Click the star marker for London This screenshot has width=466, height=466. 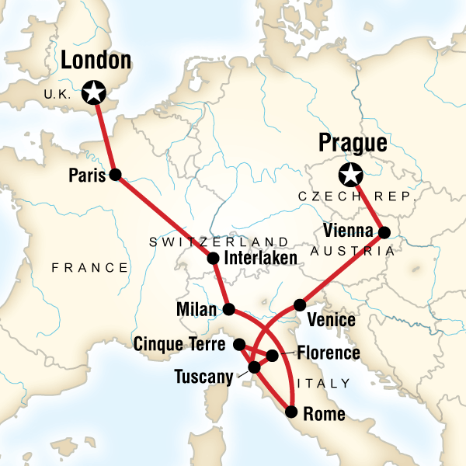pyautogui.click(x=95, y=92)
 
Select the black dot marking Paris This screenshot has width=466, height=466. pyautogui.click(x=116, y=175)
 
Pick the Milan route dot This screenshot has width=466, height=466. pyautogui.click(x=229, y=309)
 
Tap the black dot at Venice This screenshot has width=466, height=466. pyautogui.click(x=300, y=305)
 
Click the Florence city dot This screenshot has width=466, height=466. pyautogui.click(x=273, y=356)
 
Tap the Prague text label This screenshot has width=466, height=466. pyautogui.click(x=353, y=144)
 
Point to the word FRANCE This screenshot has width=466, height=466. pyautogui.click(x=90, y=268)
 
